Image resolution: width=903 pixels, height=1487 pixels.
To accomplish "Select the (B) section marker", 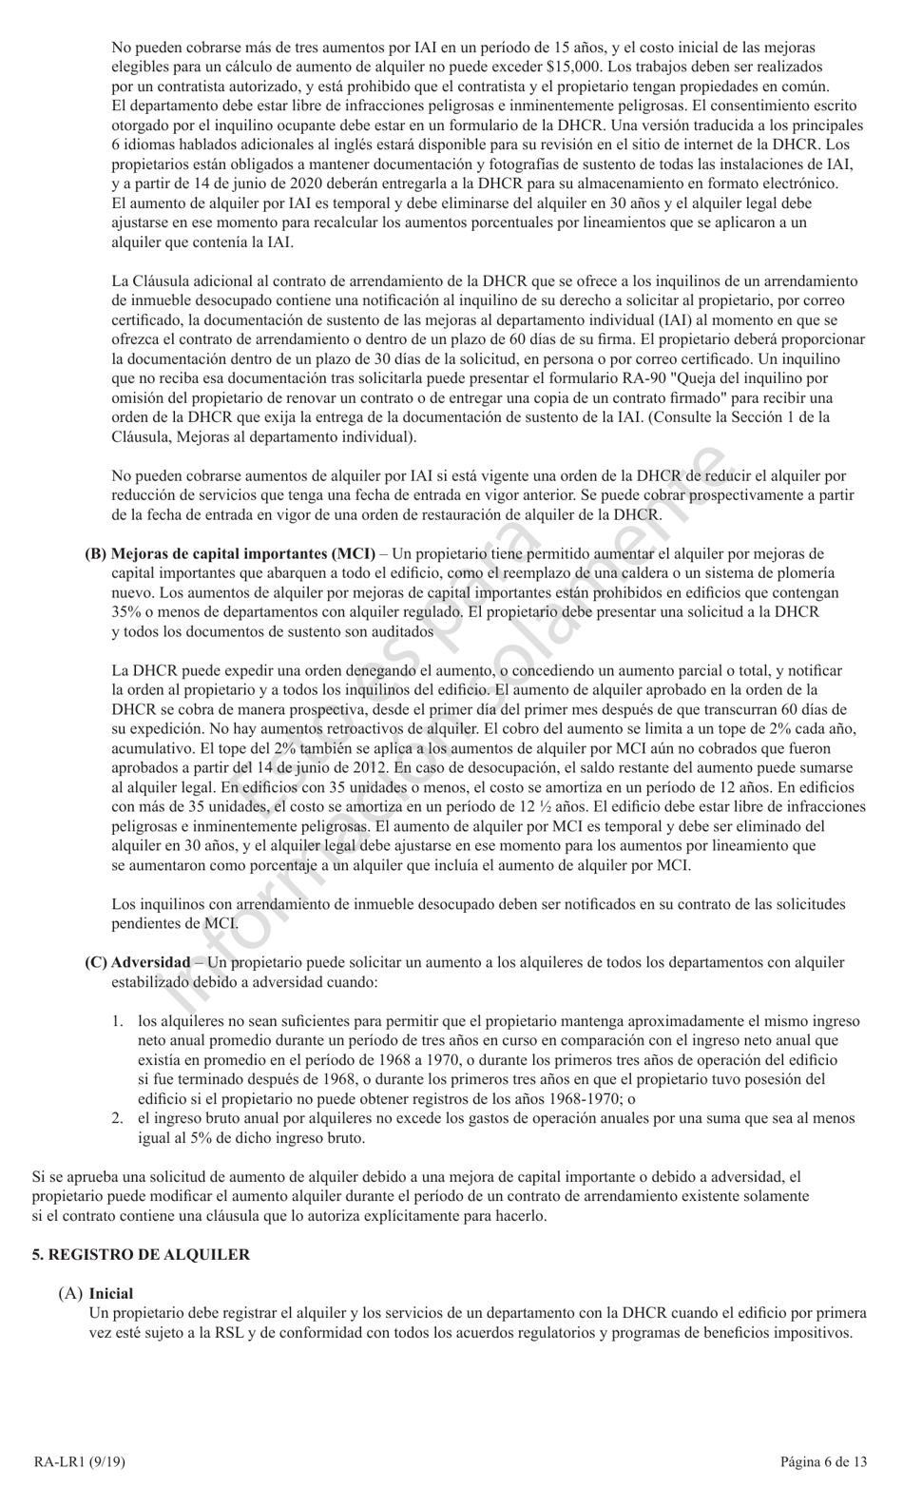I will [96, 553].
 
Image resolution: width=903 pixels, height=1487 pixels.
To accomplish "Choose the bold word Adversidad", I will [150, 962].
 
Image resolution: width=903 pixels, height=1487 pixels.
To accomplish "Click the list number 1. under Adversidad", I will [118, 1021].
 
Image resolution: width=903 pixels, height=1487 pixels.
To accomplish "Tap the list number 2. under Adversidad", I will [118, 1119].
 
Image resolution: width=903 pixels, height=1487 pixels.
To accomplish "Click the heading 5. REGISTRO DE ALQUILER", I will [141, 1255].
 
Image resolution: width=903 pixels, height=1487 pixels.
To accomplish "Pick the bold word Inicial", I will [111, 1293].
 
